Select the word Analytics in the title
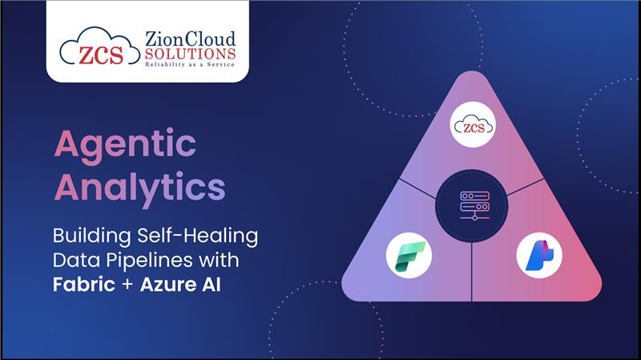(x=139, y=189)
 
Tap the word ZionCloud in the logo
(x=190, y=39)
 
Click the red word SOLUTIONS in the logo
(x=190, y=54)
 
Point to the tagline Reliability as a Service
(x=190, y=64)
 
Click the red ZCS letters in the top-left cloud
(x=101, y=55)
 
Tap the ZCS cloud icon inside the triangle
(x=473, y=125)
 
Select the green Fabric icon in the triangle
(x=409, y=256)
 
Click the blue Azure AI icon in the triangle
(x=539, y=256)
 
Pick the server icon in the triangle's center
(x=474, y=205)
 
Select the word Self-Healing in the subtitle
(x=197, y=236)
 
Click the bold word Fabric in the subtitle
(x=84, y=285)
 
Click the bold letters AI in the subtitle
(x=211, y=285)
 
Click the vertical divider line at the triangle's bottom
(x=472, y=272)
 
